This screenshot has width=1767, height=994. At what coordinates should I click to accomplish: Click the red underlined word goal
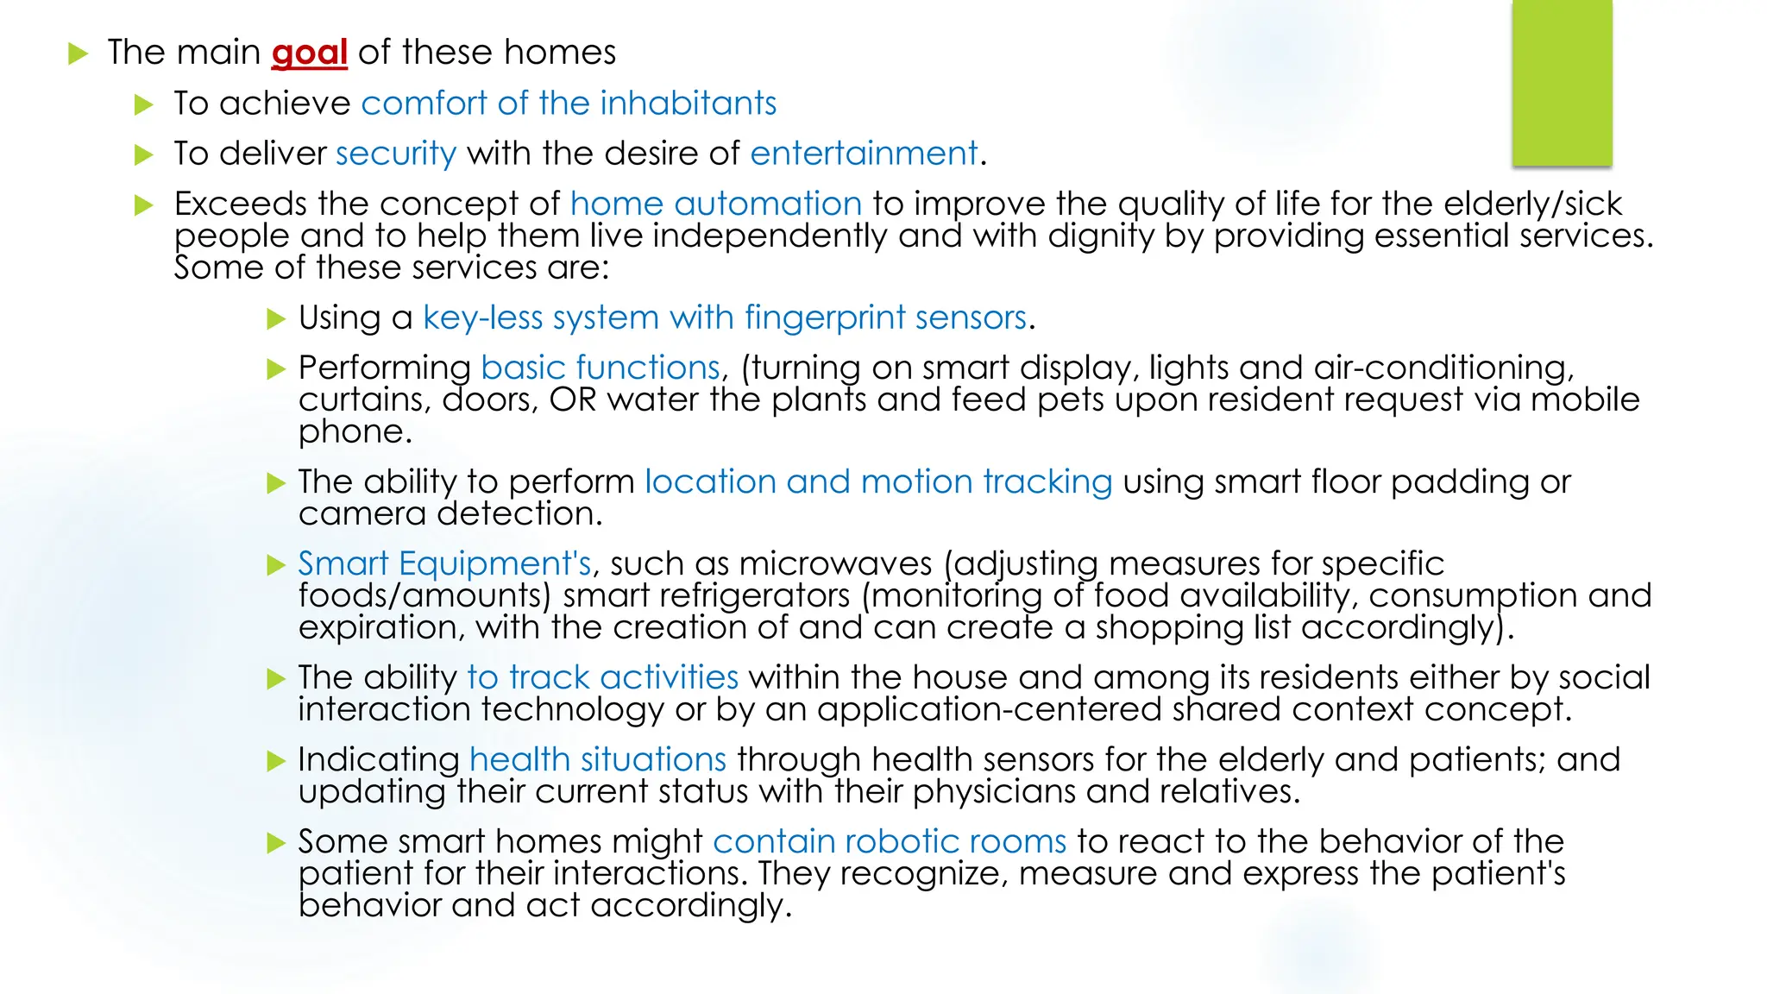click(309, 53)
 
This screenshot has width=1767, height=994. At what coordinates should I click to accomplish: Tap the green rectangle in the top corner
click(1562, 83)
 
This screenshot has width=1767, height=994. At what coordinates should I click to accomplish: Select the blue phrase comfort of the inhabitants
click(569, 104)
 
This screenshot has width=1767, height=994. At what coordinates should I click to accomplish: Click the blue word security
click(396, 154)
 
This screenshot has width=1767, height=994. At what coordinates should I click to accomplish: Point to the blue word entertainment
click(864, 154)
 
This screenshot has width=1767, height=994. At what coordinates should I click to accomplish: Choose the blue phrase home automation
click(716, 204)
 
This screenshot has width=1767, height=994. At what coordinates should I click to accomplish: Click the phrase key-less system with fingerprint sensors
click(725, 318)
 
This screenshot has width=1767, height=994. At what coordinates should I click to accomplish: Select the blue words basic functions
click(600, 368)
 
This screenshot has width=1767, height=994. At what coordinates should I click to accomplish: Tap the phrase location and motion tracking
click(878, 481)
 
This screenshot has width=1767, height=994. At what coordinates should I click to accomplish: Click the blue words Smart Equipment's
click(444, 563)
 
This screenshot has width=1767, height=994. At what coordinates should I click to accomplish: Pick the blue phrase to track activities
click(602, 677)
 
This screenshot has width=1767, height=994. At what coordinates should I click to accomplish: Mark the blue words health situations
click(598, 759)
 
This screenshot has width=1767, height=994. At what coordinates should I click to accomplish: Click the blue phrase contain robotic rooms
click(890, 841)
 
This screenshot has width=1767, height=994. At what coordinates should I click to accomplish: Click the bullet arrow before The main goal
click(79, 54)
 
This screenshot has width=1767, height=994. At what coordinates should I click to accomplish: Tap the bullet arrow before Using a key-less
click(276, 319)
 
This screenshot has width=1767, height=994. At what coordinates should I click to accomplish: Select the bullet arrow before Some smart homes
click(276, 843)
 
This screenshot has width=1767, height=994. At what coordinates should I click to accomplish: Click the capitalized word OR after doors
click(573, 399)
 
